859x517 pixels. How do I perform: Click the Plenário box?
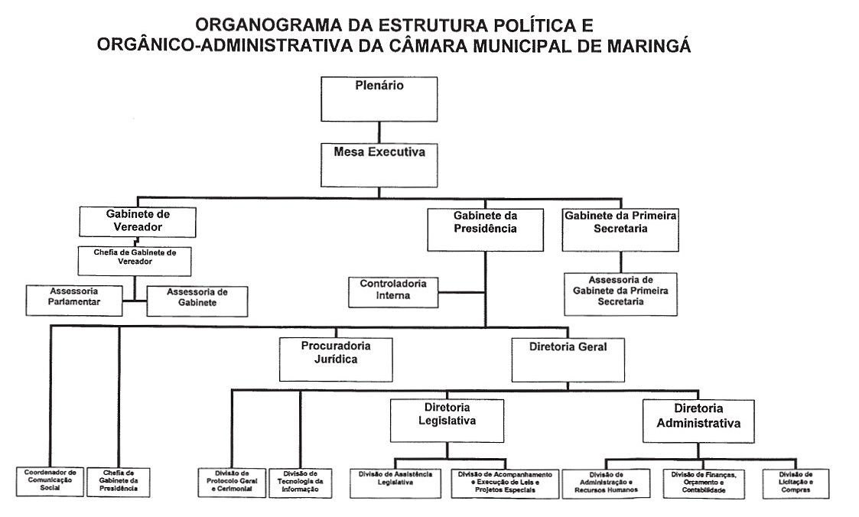click(379, 98)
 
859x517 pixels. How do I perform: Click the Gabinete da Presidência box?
click(485, 229)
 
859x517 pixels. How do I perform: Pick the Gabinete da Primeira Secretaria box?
click(620, 229)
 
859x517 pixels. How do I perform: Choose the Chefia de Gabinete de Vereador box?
click(134, 260)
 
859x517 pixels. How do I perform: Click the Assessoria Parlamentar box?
click(74, 301)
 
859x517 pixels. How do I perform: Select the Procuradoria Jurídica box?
click(335, 359)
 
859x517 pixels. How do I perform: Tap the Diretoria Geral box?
click(568, 359)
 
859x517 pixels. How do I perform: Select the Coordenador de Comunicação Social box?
click(50, 482)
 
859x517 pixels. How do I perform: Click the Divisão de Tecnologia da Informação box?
click(301, 483)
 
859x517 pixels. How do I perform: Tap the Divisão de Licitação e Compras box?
click(796, 483)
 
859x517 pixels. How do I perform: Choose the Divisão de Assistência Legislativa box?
click(395, 483)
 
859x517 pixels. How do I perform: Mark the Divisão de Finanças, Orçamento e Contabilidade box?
click(704, 483)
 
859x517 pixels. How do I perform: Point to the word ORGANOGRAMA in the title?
click(263, 24)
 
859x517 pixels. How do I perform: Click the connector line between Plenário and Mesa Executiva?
click(379, 132)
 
